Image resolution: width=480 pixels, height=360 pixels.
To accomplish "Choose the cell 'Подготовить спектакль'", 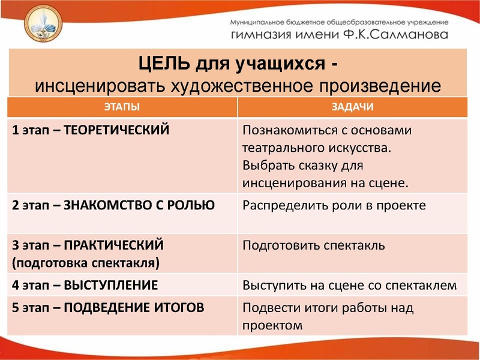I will click(x=313, y=245).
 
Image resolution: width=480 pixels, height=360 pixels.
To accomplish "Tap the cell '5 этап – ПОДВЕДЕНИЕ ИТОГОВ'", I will click(x=109, y=308).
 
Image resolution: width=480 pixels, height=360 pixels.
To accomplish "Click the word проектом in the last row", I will click(x=271, y=325).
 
